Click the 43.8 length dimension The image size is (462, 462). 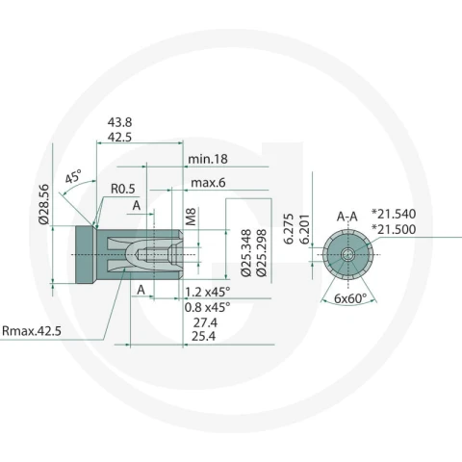[119, 122]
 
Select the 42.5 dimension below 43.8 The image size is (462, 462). [119, 138]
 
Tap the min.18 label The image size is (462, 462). [208, 159]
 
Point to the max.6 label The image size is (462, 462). [208, 183]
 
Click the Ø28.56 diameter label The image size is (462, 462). [44, 204]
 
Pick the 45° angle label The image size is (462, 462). [73, 176]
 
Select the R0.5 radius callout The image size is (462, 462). [123, 189]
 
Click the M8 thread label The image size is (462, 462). [191, 217]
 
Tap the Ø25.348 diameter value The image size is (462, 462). [246, 253]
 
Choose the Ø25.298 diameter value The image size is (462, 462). [262, 253]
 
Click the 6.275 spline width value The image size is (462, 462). [289, 228]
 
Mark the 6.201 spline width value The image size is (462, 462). [304, 228]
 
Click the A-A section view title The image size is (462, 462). [347, 217]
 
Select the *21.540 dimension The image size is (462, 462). [394, 214]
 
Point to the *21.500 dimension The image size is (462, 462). [394, 229]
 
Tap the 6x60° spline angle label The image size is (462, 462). [350, 298]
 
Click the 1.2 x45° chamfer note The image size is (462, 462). [208, 292]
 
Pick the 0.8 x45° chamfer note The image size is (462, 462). [208, 307]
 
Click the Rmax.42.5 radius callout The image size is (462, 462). [32, 331]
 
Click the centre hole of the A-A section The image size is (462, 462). [347, 255]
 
